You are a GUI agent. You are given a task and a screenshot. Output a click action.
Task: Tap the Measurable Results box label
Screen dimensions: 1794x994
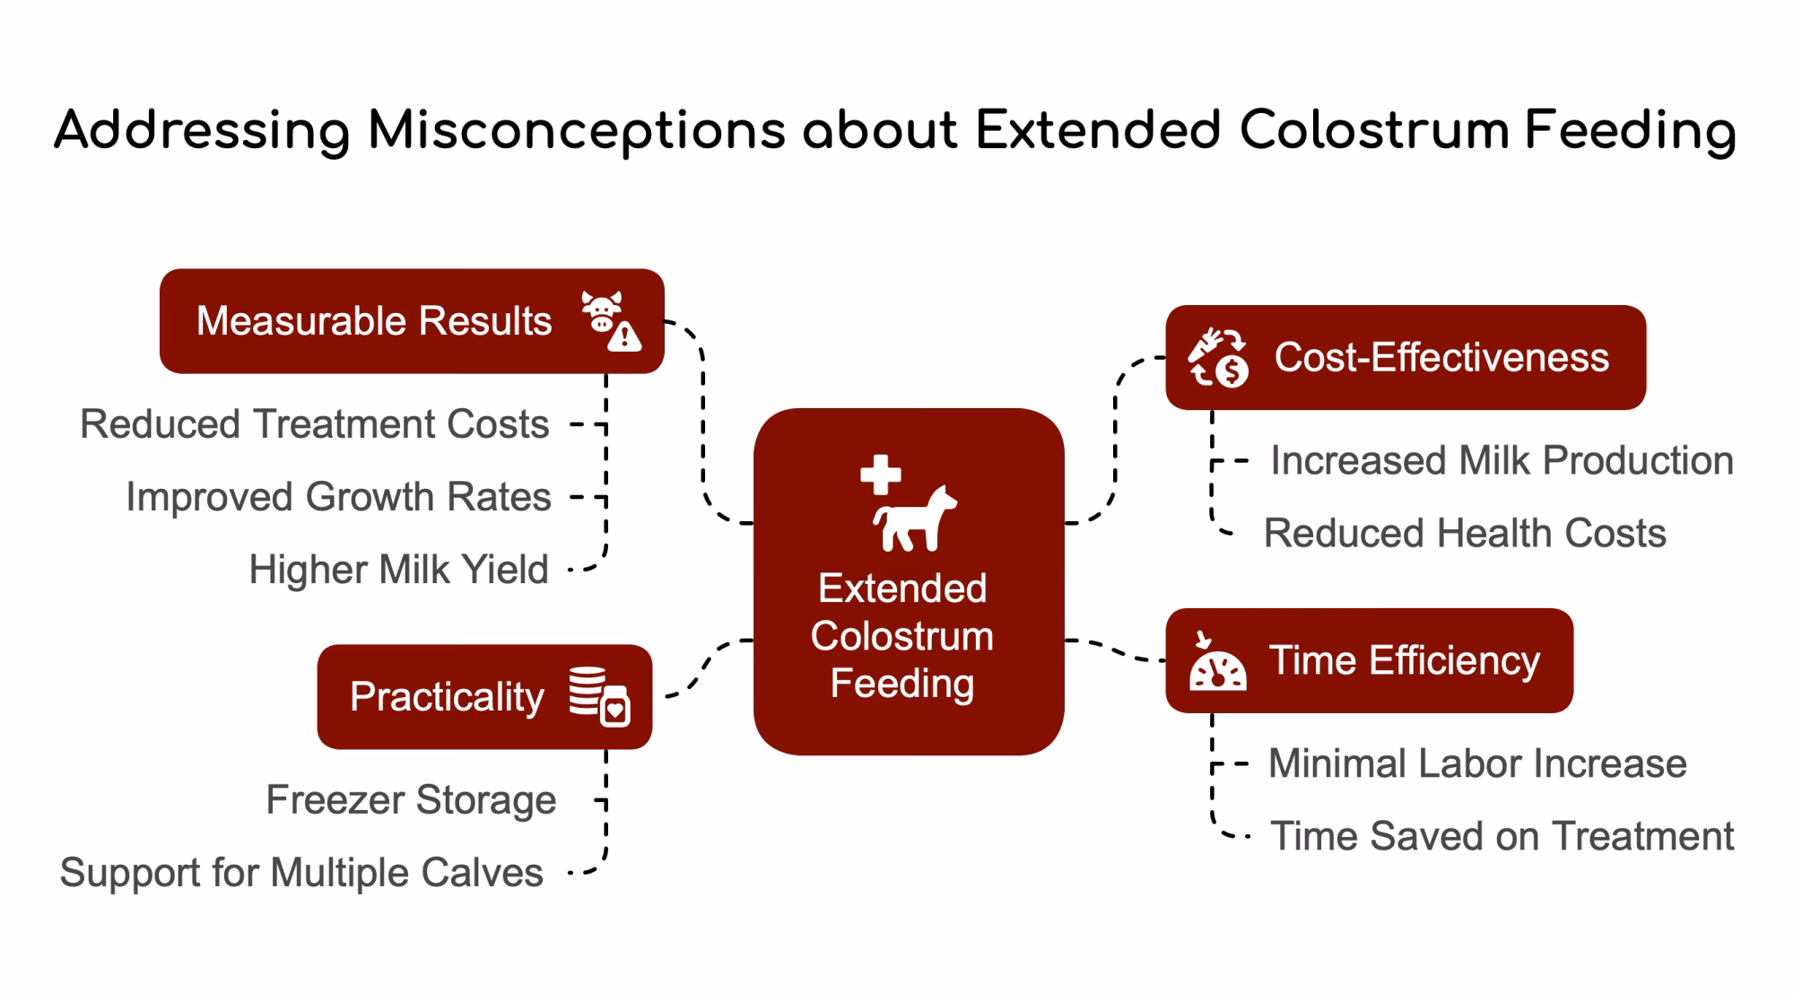(x=374, y=320)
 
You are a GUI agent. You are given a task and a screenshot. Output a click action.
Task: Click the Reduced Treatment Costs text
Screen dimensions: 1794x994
(x=314, y=423)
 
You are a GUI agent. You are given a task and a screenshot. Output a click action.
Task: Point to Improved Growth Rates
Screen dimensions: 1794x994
(x=338, y=496)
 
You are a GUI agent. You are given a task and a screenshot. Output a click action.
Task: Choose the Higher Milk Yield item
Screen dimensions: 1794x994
(x=398, y=569)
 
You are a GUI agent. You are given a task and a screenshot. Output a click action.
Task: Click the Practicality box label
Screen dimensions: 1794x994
(x=447, y=696)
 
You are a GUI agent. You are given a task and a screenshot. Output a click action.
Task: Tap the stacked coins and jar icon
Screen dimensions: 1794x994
(x=600, y=696)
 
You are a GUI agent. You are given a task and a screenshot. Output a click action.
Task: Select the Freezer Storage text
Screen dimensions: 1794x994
(x=411, y=799)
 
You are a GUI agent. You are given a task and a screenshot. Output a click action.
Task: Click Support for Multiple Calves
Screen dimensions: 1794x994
(x=301, y=872)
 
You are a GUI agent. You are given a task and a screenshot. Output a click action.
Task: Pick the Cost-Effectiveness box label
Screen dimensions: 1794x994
(x=1441, y=357)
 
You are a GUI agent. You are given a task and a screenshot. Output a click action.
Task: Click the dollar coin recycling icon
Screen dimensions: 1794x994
(x=1218, y=357)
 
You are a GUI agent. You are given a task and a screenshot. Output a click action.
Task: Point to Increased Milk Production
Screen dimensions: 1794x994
(x=1502, y=460)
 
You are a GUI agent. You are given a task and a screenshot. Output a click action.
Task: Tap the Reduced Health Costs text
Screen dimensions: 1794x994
(x=1465, y=533)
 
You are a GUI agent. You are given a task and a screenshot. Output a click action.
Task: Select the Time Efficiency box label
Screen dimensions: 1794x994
(x=1404, y=660)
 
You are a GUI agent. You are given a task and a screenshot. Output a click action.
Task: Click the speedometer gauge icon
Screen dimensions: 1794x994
(x=1217, y=661)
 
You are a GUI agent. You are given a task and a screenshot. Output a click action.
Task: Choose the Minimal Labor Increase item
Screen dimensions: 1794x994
(x=1477, y=763)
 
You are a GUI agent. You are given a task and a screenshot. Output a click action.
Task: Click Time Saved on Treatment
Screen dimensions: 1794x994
(x=1502, y=836)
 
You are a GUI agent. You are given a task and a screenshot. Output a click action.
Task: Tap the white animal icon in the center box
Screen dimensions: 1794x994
(x=915, y=519)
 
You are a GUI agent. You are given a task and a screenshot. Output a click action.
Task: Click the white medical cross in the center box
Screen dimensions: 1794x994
(x=881, y=475)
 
